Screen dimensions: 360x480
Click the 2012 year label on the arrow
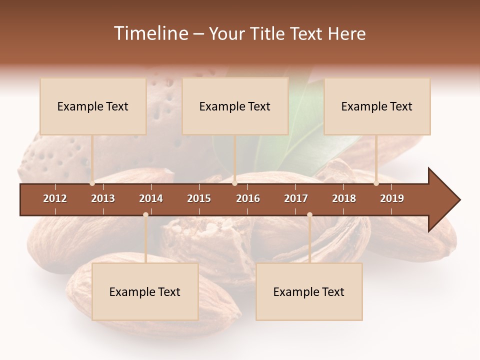click(x=55, y=198)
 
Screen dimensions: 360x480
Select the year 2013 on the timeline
click(x=103, y=198)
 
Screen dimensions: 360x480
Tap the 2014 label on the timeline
click(x=151, y=198)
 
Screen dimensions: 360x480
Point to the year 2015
click(x=199, y=198)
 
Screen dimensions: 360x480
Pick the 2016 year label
click(x=248, y=198)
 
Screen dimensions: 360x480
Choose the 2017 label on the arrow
click(x=296, y=198)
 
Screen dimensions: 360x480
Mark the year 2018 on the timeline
click(x=344, y=198)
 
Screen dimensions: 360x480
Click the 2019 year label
click(x=392, y=198)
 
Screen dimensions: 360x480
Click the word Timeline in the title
click(x=149, y=33)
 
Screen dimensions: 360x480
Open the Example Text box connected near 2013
click(x=93, y=106)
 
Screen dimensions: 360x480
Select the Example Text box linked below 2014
click(x=145, y=291)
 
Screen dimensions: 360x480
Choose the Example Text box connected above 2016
click(x=235, y=106)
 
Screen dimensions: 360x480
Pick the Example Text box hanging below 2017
click(x=309, y=291)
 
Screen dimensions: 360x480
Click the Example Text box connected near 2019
click(x=377, y=106)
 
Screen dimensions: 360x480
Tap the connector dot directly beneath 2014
click(x=145, y=214)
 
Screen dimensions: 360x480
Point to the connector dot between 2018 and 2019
click(x=376, y=183)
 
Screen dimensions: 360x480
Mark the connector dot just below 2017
click(x=309, y=214)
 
